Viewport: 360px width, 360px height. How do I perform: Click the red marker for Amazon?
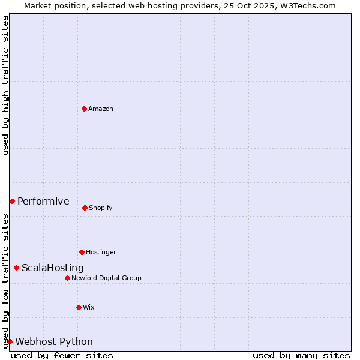click(84, 109)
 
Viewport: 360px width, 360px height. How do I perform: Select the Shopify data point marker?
click(85, 208)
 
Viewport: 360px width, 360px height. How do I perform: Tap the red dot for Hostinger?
click(82, 252)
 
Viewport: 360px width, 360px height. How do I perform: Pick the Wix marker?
click(79, 307)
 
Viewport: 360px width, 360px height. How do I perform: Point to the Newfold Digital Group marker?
click(67, 278)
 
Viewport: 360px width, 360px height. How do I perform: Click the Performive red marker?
click(12, 201)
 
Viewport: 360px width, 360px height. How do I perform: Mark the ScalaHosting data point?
click(16, 268)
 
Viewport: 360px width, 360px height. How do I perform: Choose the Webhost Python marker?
click(10, 341)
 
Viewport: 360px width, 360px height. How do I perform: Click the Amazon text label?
click(101, 109)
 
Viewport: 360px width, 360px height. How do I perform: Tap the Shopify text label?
click(101, 208)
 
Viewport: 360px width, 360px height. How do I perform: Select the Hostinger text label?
click(101, 252)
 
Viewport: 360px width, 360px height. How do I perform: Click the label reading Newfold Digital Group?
click(106, 278)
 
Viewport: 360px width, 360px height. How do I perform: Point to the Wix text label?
click(89, 307)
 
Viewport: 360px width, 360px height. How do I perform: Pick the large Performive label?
click(43, 201)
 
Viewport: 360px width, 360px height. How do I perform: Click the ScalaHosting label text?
click(53, 268)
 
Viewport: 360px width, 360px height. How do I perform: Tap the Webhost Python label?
click(54, 341)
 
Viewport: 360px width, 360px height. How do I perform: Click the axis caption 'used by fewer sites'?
click(62, 355)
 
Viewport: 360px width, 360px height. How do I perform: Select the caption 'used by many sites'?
click(301, 355)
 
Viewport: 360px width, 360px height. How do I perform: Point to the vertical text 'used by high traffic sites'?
click(5, 85)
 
